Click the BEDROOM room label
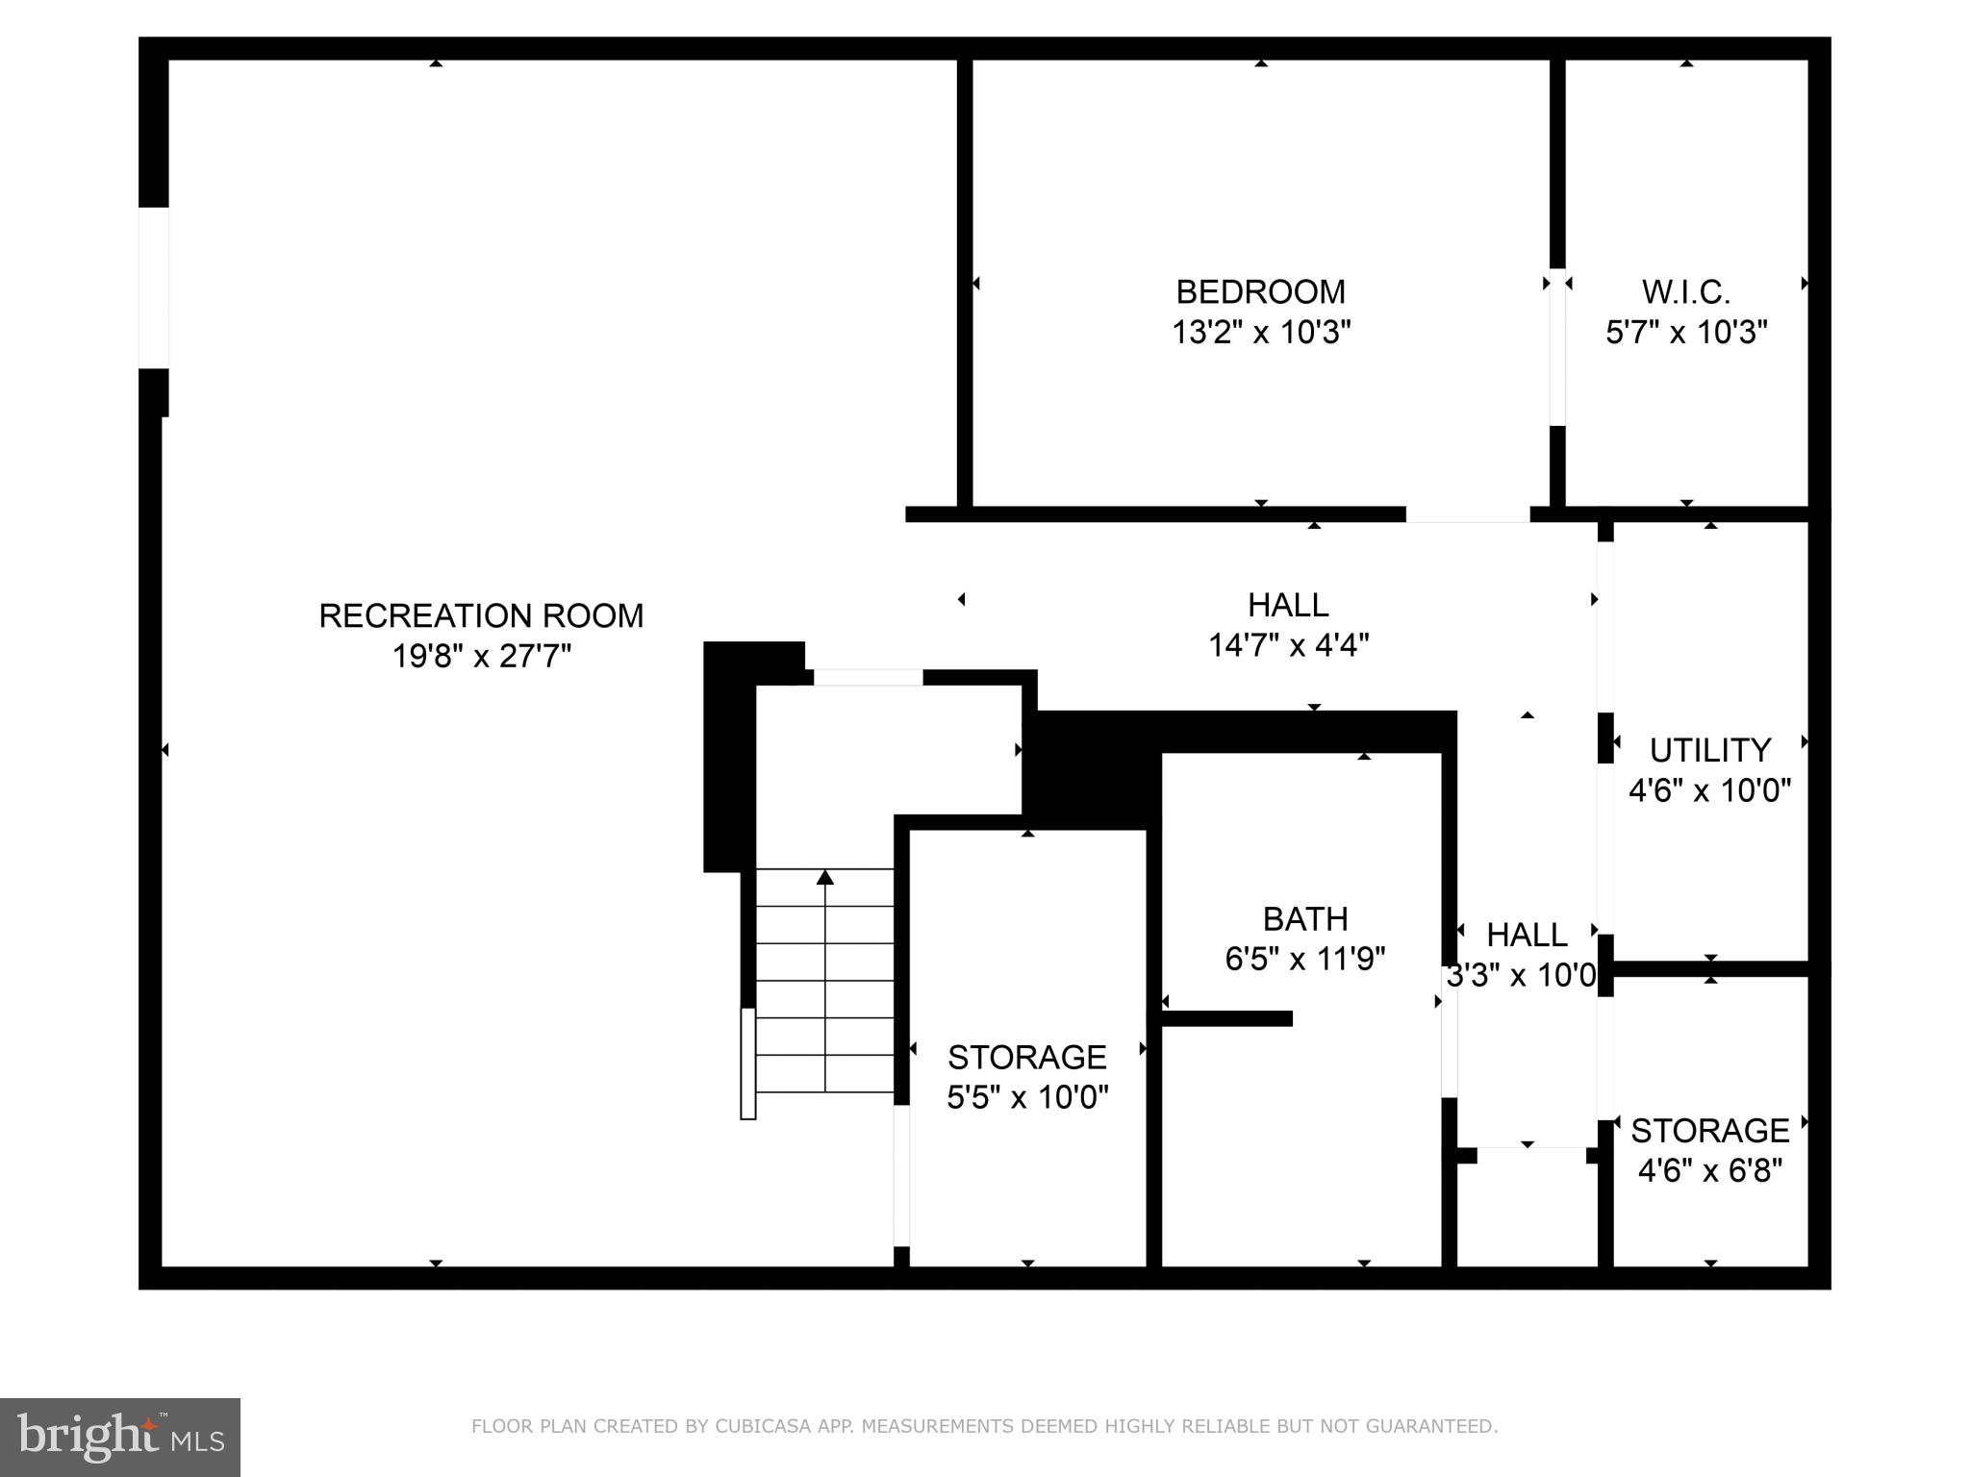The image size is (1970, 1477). pyautogui.click(x=1260, y=291)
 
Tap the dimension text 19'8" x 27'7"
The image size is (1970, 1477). pyautogui.click(x=481, y=657)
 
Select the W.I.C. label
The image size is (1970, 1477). pyautogui.click(x=1685, y=291)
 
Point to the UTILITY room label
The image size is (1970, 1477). pyautogui.click(x=1709, y=750)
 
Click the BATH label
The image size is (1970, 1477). pyautogui.click(x=1304, y=919)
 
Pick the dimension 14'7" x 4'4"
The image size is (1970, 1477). pyautogui.click(x=1288, y=645)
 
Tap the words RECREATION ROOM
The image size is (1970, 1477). pyautogui.click(x=481, y=615)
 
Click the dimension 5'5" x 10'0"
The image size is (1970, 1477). pyautogui.click(x=1027, y=1097)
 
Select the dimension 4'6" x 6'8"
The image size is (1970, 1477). pyautogui.click(x=1709, y=1171)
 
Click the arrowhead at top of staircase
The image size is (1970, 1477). pyautogui.click(x=825, y=877)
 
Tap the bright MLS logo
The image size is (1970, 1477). pyautogui.click(x=120, y=1437)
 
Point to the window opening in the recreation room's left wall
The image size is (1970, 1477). pyautogui.click(x=154, y=288)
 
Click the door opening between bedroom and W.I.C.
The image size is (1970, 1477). pyautogui.click(x=1556, y=346)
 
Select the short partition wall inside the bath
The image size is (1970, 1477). pyautogui.click(x=1226, y=1018)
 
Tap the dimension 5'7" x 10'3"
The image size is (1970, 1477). pyautogui.click(x=1685, y=333)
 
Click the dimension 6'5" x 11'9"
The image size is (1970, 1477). pyautogui.click(x=1304, y=960)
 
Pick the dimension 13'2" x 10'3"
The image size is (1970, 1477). pyautogui.click(x=1260, y=333)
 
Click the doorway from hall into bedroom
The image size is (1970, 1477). pyautogui.click(x=1467, y=515)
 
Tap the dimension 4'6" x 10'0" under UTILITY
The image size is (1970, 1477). pyautogui.click(x=1709, y=790)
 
